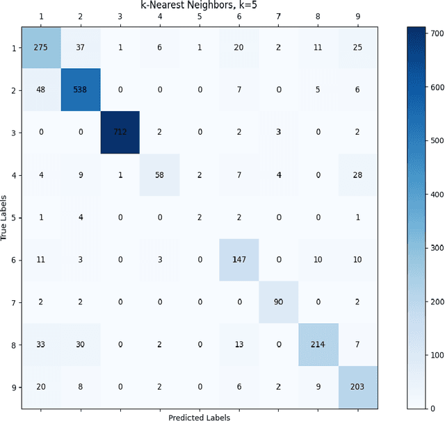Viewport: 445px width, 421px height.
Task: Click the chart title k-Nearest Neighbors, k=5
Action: [x=199, y=6]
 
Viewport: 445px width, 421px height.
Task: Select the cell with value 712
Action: [x=120, y=132]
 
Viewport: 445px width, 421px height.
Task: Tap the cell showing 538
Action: [x=80, y=90]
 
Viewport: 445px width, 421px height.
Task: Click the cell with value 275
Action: [x=40, y=48]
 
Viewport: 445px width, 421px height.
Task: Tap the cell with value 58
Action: [x=159, y=174]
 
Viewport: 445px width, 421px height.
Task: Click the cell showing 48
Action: [x=40, y=90]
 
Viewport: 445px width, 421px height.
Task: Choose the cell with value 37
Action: [x=80, y=48]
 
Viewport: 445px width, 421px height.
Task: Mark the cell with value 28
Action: [x=357, y=174]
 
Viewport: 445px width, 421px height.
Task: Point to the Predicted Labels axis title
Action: [x=199, y=418]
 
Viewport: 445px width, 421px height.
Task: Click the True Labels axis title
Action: [x=5, y=217]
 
